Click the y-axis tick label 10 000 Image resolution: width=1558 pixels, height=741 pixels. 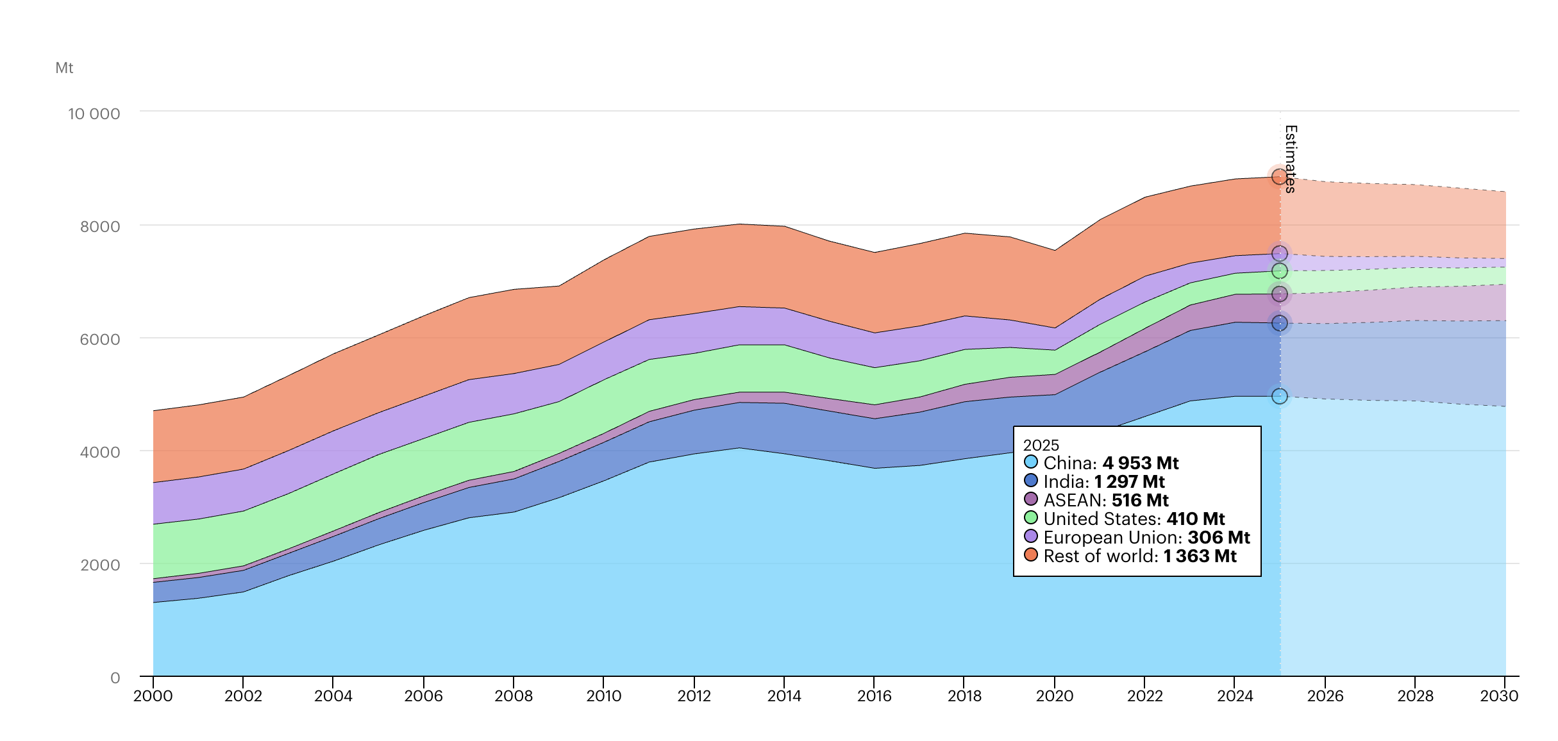(94, 114)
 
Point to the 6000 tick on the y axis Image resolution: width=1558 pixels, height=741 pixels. (99, 340)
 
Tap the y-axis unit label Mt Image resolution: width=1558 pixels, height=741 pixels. (64, 68)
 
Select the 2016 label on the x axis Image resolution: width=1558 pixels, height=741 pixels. (875, 695)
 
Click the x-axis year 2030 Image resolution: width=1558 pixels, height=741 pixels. (1499, 695)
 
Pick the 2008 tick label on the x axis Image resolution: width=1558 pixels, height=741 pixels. (514, 695)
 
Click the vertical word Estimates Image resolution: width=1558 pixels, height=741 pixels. (1291, 159)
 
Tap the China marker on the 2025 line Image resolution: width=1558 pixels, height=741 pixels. (1280, 396)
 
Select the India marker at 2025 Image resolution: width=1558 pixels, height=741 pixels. (1280, 323)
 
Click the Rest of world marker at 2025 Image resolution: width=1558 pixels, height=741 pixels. (1280, 176)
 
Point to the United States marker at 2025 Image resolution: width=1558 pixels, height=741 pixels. (1280, 271)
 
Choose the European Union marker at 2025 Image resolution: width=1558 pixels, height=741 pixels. (1280, 254)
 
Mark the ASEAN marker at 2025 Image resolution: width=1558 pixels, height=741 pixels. (1280, 294)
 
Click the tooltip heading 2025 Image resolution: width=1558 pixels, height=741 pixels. (1041, 445)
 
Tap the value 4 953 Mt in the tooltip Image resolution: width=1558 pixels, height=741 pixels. (1141, 463)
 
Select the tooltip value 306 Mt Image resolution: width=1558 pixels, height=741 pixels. (1218, 537)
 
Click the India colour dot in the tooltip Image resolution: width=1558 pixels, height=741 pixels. (1031, 481)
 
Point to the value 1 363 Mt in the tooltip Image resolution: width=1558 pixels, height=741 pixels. (1200, 556)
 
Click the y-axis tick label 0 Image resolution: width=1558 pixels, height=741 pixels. (115, 678)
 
